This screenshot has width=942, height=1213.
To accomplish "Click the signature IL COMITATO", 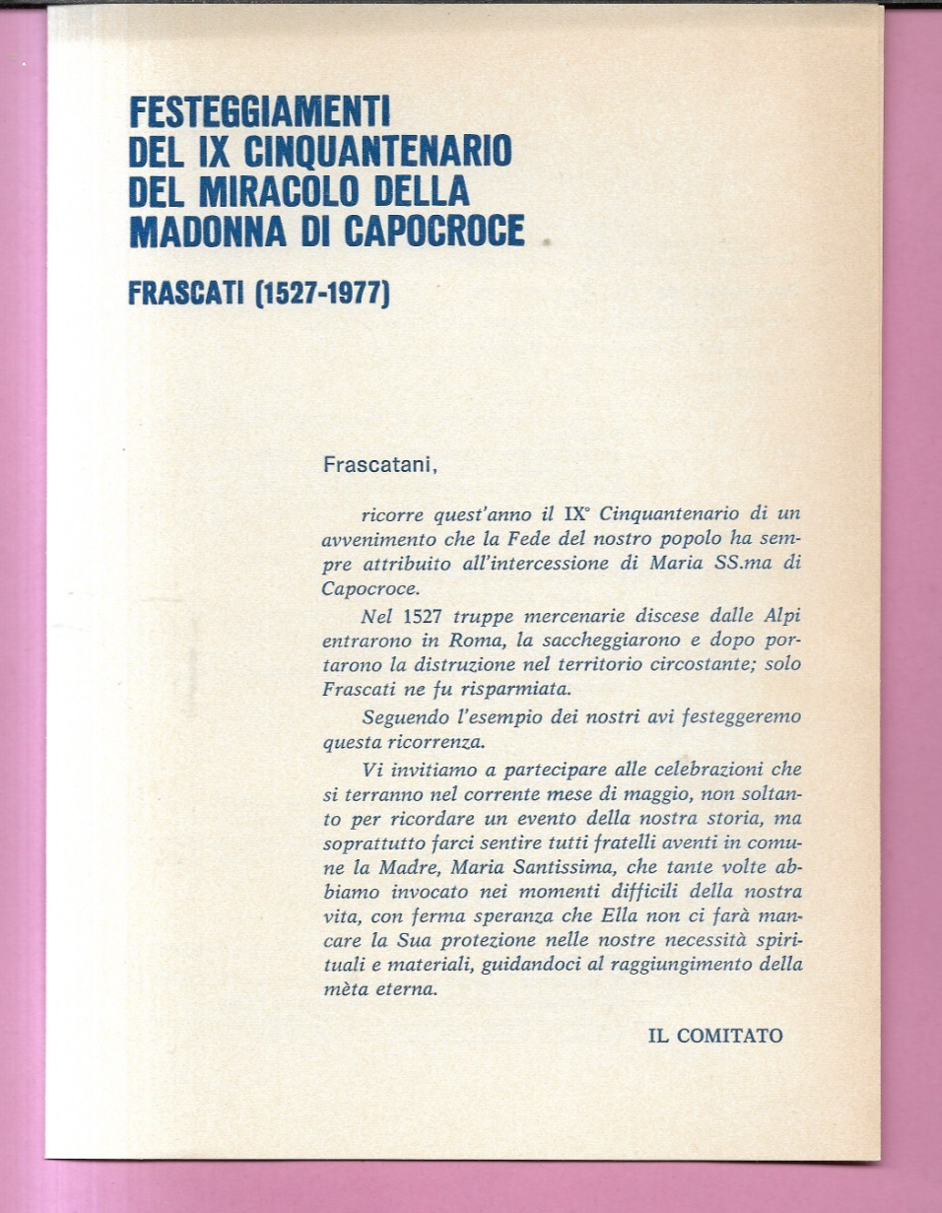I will [x=714, y=1036].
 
